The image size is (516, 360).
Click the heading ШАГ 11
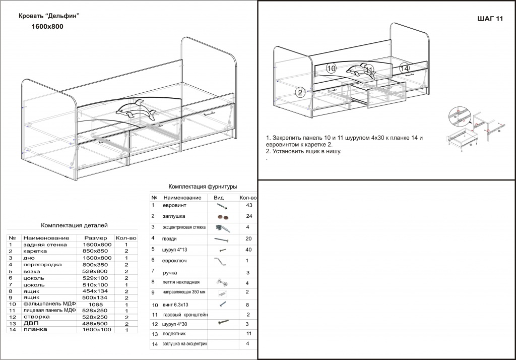[489, 19]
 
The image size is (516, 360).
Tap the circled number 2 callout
[300, 92]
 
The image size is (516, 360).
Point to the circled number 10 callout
[331, 68]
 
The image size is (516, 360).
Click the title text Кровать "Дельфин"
[49, 16]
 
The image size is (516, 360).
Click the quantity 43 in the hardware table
[247, 206]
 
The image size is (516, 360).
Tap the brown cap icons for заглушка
[222, 217]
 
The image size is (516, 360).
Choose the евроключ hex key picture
[221, 261]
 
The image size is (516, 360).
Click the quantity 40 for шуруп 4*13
[247, 250]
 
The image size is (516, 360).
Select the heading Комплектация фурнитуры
[203, 186]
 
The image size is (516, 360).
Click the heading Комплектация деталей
[74, 225]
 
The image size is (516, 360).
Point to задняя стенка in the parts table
[45, 245]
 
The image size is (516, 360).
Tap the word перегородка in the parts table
[42, 264]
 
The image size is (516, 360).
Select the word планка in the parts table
[35, 330]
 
